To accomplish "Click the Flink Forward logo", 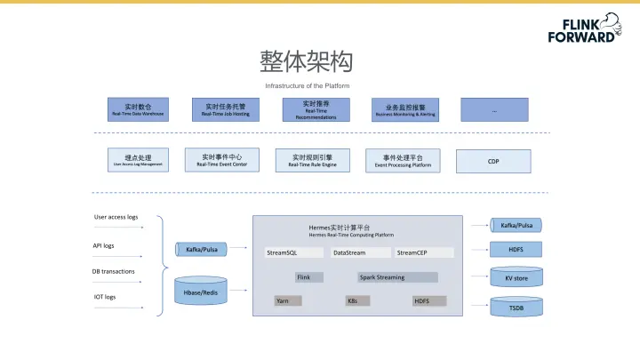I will (584, 29).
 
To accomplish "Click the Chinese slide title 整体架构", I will (307, 61).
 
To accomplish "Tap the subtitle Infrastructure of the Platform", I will (307, 85).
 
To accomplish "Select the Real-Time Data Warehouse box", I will (137, 109).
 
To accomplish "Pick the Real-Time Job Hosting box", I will (224, 109).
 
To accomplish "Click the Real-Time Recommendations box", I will (310, 109).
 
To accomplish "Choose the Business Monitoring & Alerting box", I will (404, 109).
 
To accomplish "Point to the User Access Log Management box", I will (137, 161).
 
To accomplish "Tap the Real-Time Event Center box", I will (221, 160).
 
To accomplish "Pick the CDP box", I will (492, 161).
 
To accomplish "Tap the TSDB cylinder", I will (516, 308).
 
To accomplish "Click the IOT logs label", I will (105, 296).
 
